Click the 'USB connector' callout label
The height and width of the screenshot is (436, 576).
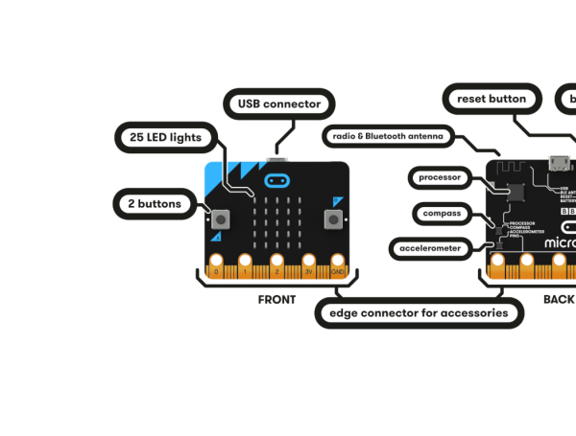(x=278, y=103)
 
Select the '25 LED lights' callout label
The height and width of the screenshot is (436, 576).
(x=165, y=137)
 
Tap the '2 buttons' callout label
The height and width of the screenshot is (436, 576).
(x=155, y=203)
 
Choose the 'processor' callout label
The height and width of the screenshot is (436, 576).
(x=442, y=177)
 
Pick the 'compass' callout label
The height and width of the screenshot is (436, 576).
(x=442, y=213)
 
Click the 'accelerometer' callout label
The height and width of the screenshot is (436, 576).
(x=429, y=249)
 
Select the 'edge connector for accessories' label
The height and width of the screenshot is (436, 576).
(x=419, y=313)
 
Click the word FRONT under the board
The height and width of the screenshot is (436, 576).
(x=276, y=300)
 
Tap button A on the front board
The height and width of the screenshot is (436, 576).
(x=220, y=219)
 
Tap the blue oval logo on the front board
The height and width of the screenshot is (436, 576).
(x=277, y=179)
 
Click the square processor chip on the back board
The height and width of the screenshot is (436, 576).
(x=511, y=192)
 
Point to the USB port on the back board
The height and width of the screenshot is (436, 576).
(x=557, y=163)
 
